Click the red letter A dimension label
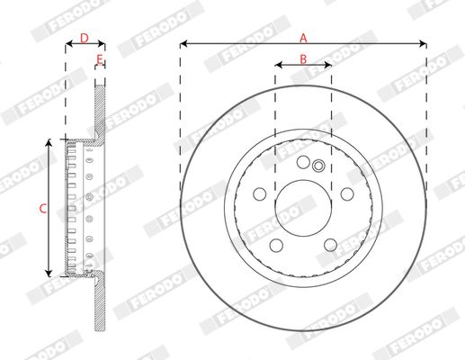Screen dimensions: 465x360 click(303, 39)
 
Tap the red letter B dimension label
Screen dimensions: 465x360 click(303, 59)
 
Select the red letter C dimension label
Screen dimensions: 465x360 click(43, 209)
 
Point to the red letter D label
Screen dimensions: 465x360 click(85, 39)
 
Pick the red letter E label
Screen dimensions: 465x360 click(100, 59)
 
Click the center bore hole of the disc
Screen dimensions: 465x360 click(303, 208)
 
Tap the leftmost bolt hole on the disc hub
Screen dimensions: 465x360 click(260, 194)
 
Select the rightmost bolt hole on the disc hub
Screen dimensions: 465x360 click(347, 194)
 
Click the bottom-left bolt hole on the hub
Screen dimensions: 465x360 click(276, 245)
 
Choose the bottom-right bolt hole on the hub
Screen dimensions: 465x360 click(330, 245)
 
